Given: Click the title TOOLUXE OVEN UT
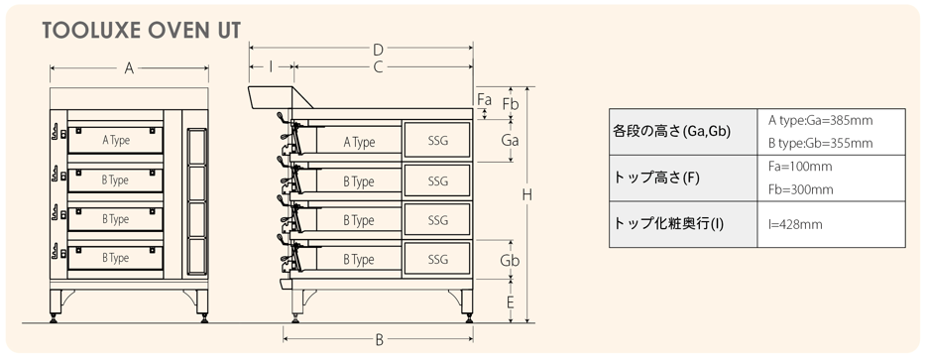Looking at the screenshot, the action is point(142,31).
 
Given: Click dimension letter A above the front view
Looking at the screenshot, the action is point(129,68).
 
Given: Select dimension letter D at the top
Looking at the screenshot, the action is point(379,50).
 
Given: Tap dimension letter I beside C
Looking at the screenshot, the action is point(271,66).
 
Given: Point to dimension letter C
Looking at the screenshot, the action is point(379,67).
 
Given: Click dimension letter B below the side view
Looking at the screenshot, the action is point(380,340).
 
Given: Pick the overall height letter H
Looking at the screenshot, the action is point(526,194).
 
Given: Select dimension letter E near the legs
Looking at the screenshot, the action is point(510,302).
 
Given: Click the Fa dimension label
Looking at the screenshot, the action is point(484,99).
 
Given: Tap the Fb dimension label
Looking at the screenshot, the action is point(511,104).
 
